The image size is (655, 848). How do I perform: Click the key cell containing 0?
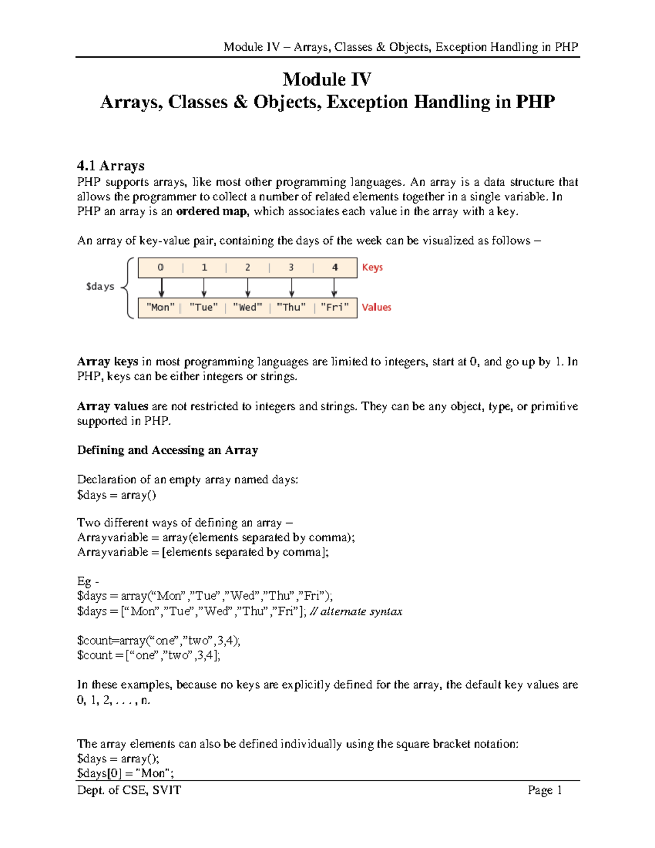160,268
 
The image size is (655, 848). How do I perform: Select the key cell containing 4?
335,268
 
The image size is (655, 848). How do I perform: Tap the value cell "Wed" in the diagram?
247,307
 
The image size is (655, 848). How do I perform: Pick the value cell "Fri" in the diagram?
335,307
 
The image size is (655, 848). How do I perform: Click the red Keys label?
372,268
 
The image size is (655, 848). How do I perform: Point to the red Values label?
376,307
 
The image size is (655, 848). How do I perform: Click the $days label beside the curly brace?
100,287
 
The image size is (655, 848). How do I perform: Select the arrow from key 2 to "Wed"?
248,287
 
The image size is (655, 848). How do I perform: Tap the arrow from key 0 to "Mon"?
162,287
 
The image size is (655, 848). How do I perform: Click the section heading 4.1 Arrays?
111,165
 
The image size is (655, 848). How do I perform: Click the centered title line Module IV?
327,80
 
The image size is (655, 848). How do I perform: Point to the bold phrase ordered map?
212,212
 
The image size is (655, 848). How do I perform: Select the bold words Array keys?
108,362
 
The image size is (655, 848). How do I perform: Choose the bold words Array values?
112,407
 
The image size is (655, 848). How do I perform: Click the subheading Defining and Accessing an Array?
168,450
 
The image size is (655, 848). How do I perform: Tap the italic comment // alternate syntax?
356,612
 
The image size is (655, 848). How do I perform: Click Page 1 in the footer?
544,790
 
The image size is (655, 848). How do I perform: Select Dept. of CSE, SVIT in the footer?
129,790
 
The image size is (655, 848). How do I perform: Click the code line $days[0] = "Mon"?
125,773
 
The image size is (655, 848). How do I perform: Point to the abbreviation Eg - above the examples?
88,582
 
